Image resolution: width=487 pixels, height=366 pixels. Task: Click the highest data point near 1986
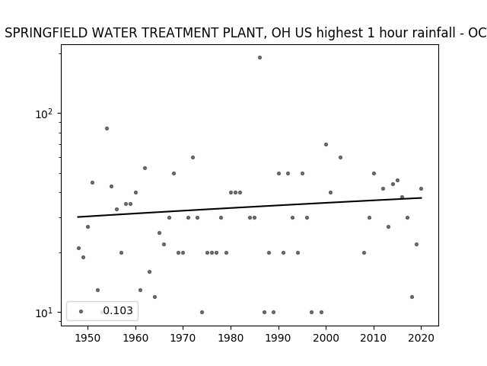[x=259, y=58]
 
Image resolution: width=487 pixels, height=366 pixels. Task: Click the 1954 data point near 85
[x=107, y=129]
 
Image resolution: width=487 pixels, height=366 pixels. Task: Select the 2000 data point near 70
[x=326, y=144]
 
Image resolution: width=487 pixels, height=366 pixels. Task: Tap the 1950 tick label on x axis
[x=88, y=338]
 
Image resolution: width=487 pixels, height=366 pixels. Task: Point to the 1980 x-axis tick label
[x=231, y=338]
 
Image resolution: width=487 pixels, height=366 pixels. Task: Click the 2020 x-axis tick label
[x=421, y=338]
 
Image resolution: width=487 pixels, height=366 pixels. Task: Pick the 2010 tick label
[x=374, y=338]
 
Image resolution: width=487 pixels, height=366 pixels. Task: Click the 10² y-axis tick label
[x=44, y=114]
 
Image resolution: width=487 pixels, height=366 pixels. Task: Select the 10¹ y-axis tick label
[x=44, y=313]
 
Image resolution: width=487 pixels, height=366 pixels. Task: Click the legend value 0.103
[x=118, y=310]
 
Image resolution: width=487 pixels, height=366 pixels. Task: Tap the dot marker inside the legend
[x=81, y=311]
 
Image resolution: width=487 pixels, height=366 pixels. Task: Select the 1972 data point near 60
[x=193, y=158]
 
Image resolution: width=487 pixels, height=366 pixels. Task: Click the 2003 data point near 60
[x=340, y=158]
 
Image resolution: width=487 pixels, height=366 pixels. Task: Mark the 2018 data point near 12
[x=412, y=297]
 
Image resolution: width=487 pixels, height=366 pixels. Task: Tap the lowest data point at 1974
[x=202, y=312]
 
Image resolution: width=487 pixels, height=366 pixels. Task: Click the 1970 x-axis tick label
[x=183, y=338]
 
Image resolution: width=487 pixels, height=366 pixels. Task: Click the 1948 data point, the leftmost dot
[x=78, y=248]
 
